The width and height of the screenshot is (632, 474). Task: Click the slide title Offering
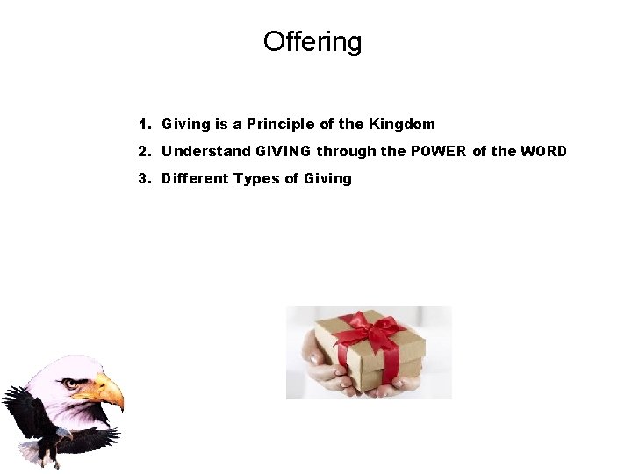tap(312, 42)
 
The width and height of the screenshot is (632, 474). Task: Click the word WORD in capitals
tap(543, 152)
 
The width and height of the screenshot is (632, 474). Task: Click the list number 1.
tap(142, 125)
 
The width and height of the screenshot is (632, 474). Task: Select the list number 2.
tap(142, 152)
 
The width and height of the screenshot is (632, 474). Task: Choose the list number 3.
tap(142, 179)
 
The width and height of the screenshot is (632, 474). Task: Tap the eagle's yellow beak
tap(106, 390)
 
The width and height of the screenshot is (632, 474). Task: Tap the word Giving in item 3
tap(327, 179)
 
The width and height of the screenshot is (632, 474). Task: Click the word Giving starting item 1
tap(182, 125)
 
